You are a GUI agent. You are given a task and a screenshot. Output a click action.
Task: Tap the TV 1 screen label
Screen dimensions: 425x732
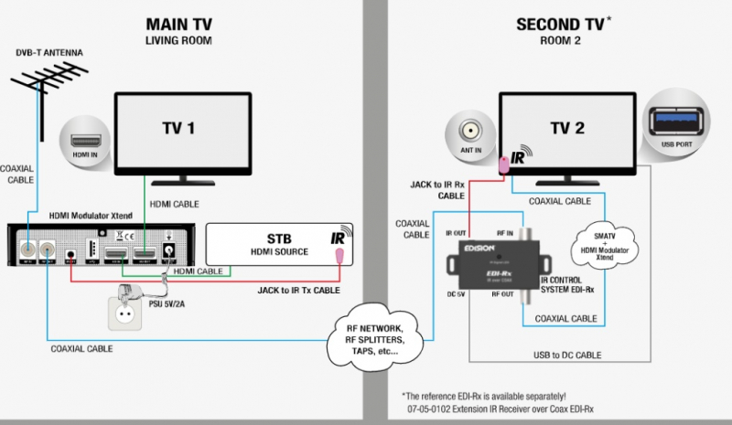pyautogui.click(x=179, y=128)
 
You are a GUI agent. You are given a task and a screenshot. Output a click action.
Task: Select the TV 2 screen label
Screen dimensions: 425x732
pyautogui.click(x=566, y=128)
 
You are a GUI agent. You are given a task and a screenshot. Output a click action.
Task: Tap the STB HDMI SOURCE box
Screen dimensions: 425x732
pyautogui.click(x=275, y=244)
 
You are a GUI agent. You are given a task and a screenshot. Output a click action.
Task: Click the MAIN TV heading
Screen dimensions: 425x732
pyautogui.click(x=178, y=24)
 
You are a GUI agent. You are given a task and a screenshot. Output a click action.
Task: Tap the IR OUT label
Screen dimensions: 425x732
pyautogui.click(x=457, y=233)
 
